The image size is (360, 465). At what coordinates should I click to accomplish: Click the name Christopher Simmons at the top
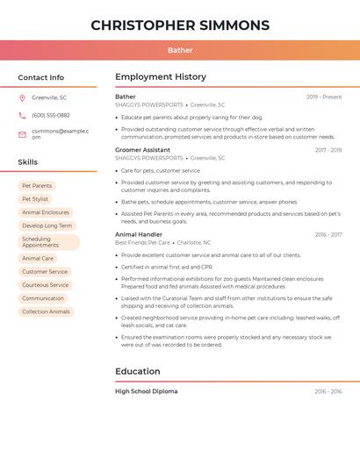click(x=180, y=25)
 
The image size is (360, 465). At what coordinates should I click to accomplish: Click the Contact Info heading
click(x=41, y=77)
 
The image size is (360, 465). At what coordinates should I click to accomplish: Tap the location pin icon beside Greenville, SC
click(x=22, y=97)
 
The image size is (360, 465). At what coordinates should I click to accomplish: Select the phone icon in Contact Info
click(x=22, y=115)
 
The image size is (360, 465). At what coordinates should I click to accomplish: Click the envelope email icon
click(x=22, y=134)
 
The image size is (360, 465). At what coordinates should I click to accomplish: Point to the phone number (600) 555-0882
click(x=51, y=115)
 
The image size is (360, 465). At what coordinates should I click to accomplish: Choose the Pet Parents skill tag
click(x=37, y=186)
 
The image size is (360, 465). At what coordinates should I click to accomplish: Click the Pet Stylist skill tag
click(x=35, y=199)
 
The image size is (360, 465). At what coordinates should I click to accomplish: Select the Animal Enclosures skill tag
click(x=46, y=212)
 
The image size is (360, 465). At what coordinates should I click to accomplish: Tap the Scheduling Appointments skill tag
click(x=48, y=242)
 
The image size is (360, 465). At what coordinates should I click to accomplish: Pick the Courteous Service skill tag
click(x=46, y=285)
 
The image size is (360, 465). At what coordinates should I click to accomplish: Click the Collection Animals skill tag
click(x=46, y=311)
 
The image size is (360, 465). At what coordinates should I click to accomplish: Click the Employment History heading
click(x=161, y=77)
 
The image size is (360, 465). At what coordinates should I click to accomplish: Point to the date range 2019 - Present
click(x=324, y=97)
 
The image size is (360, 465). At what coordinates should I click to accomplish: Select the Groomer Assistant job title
click(x=142, y=150)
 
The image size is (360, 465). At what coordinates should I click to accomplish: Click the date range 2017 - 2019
click(x=328, y=150)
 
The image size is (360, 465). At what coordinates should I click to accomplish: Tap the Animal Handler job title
click(x=139, y=234)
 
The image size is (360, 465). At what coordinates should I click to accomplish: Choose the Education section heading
click(x=138, y=371)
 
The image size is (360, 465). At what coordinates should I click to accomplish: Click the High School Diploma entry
click(x=146, y=391)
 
